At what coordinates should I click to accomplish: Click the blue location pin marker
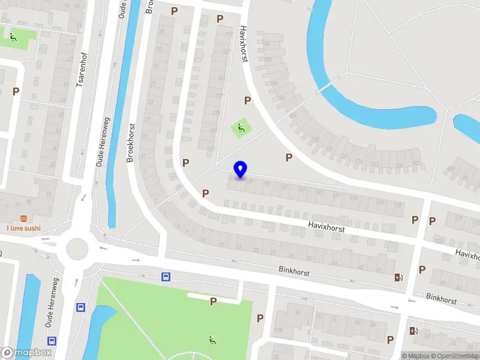(241, 170)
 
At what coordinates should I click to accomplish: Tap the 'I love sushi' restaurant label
(24, 228)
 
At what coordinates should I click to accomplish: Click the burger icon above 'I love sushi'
(24, 218)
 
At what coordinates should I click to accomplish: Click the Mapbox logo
(26, 353)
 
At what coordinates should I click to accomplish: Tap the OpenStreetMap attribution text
(454, 356)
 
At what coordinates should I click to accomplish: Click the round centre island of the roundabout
(77, 248)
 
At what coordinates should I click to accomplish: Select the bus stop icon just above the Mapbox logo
(52, 340)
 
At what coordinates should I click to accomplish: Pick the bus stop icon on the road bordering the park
(165, 277)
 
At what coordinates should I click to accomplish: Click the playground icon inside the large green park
(212, 340)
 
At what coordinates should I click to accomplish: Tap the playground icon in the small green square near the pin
(241, 128)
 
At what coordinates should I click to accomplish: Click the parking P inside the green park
(213, 301)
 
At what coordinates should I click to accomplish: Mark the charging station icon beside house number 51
(398, 277)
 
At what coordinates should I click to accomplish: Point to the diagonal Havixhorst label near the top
(244, 44)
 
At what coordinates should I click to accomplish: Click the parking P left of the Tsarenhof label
(16, 91)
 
